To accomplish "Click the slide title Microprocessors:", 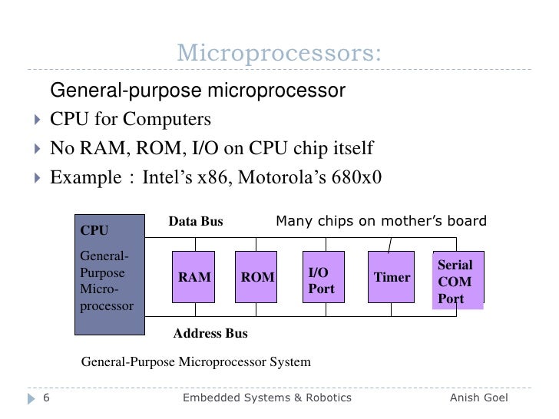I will click(279, 53).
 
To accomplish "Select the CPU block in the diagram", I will click(109, 274).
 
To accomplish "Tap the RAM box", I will click(194, 277).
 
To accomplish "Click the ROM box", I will click(257, 277).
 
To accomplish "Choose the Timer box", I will click(392, 277).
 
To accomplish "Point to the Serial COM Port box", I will click(458, 280).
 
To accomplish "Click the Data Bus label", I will click(196, 222).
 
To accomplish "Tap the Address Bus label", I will click(210, 334).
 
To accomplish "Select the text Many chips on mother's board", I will click(381, 222).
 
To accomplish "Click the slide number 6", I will click(45, 398).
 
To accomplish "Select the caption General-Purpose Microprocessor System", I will click(196, 361).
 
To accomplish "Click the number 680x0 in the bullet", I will click(356, 177).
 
